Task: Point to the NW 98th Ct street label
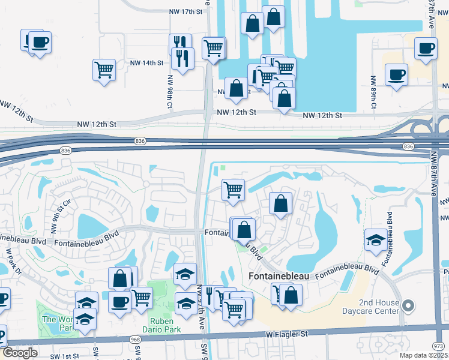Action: pyautogui.click(x=170, y=92)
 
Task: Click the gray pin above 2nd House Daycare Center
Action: pyautogui.click(x=408, y=306)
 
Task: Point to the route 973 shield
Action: pyautogui.click(x=439, y=346)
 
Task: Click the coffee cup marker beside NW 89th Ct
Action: pyautogui.click(x=396, y=75)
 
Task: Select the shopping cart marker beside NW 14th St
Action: pyautogui.click(x=104, y=70)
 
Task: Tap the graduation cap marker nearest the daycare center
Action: pyautogui.click(x=375, y=239)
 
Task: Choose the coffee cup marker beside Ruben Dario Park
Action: pyautogui.click(x=119, y=301)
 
